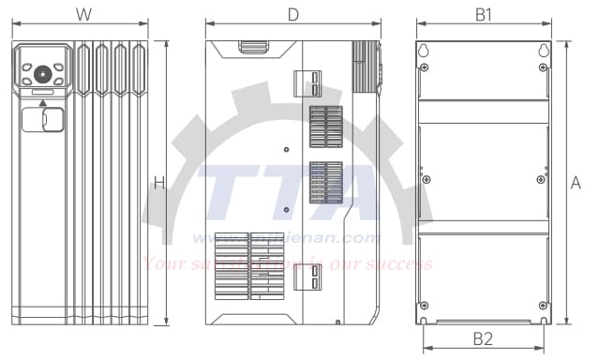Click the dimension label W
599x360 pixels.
click(x=83, y=14)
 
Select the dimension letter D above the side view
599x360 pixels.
click(x=292, y=14)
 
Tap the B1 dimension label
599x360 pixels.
click(x=484, y=14)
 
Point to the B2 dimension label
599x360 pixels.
click(x=484, y=337)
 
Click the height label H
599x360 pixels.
click(x=159, y=184)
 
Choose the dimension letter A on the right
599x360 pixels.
click(x=576, y=184)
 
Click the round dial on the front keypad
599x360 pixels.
click(x=42, y=73)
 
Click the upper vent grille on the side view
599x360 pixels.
click(x=326, y=127)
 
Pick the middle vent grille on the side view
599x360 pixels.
click(x=326, y=182)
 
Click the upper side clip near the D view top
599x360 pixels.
click(x=308, y=83)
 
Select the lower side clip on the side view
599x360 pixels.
click(x=308, y=277)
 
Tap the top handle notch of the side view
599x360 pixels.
click(x=253, y=44)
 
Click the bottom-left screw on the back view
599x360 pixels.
click(x=425, y=305)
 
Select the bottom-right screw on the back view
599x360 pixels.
click(x=541, y=305)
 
